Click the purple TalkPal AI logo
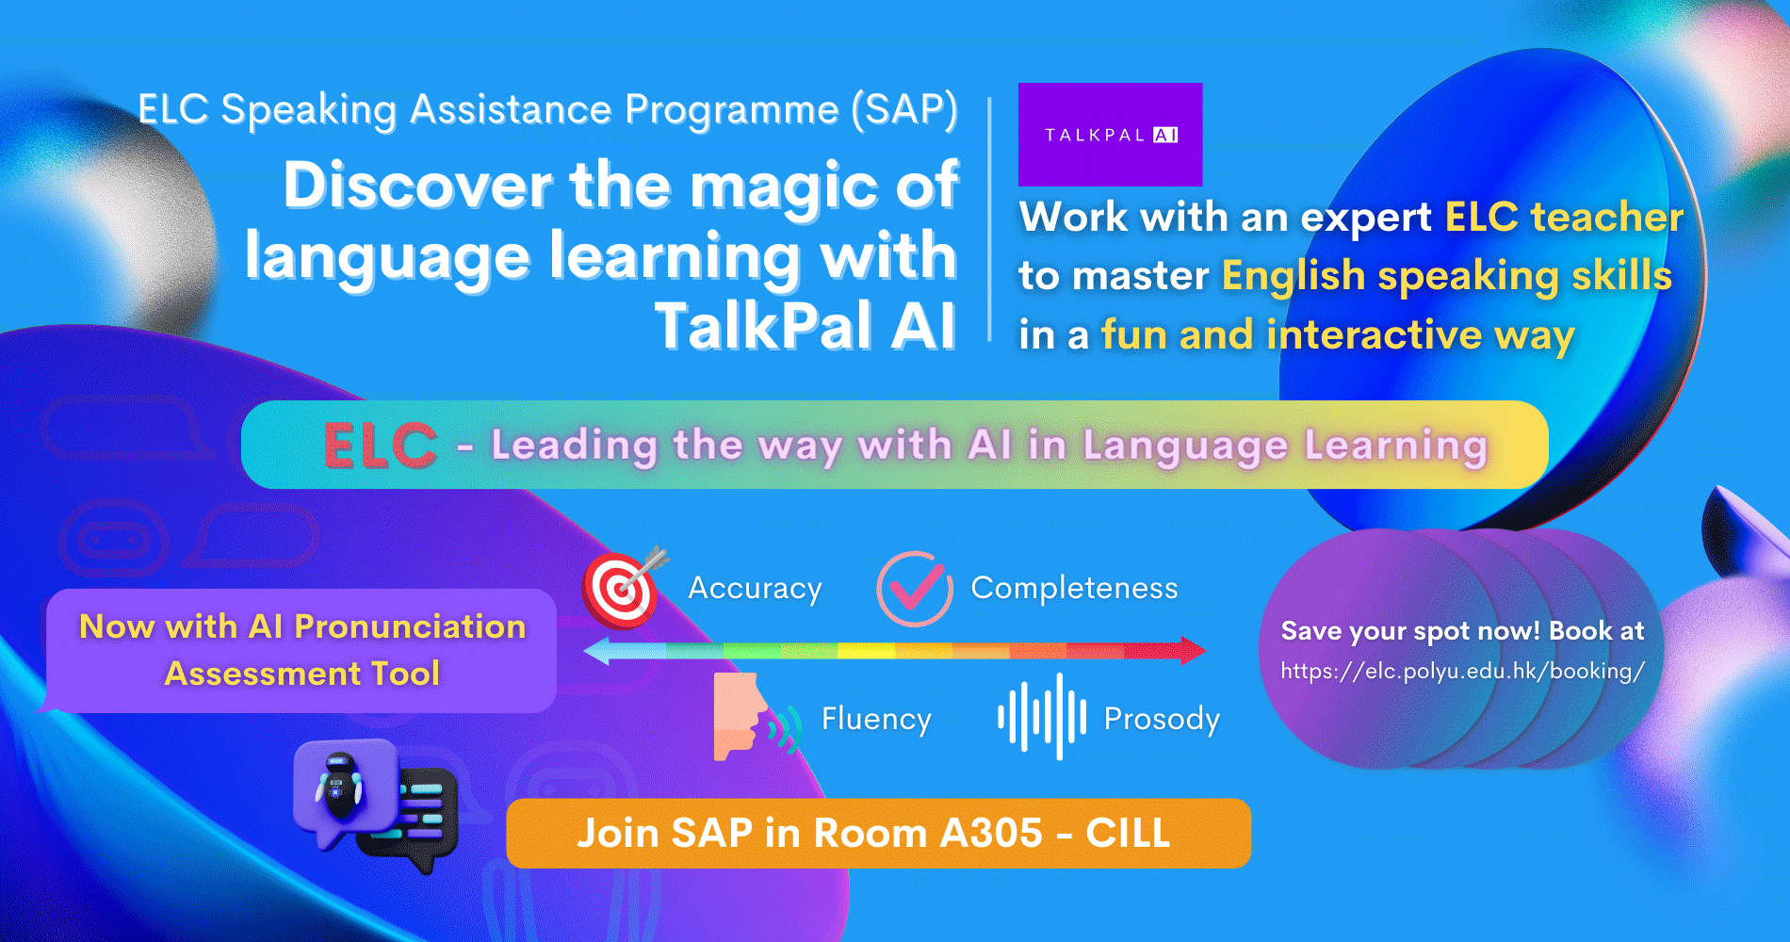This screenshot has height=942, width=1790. [x=1110, y=135]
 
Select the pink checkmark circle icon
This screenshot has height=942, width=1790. [x=913, y=589]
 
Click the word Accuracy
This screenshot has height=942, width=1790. [x=755, y=588]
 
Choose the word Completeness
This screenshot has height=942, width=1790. [x=1074, y=588]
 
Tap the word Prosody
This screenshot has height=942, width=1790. [x=1162, y=719]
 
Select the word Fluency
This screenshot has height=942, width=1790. [x=876, y=719]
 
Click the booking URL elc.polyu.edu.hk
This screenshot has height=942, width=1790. [x=1462, y=671]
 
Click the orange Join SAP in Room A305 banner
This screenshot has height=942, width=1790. [x=878, y=833]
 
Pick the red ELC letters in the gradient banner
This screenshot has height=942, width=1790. [x=381, y=446]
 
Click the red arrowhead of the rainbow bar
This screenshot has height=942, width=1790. [x=1192, y=650]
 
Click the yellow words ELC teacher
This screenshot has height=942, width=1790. [x=1564, y=218]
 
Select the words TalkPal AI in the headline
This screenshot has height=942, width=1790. [x=805, y=326]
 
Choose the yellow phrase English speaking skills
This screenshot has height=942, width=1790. [x=1446, y=276]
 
